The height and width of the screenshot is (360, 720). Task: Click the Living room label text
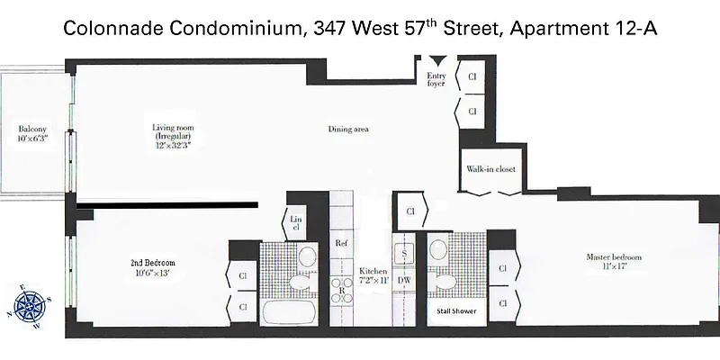point(174,134)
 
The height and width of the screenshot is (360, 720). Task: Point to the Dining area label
point(348,130)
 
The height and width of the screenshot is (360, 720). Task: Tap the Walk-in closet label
point(490,169)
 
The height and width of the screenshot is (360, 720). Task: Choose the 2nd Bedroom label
point(151,267)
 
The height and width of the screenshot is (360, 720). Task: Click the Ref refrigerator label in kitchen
point(341,244)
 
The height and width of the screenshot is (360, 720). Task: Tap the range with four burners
point(342,290)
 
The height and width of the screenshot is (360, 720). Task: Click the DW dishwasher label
point(404,281)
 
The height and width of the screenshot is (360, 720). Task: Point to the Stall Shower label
point(455,311)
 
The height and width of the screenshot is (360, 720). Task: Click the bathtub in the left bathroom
point(289,312)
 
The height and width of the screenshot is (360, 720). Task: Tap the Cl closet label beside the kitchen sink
point(409,212)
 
